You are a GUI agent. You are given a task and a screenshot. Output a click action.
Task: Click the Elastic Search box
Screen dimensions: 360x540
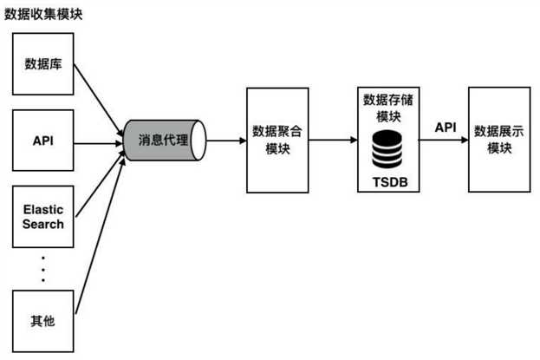click(42, 218)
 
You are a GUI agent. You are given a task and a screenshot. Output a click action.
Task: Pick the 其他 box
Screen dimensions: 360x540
click(42, 321)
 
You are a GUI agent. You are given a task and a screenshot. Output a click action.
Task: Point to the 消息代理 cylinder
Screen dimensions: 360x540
click(162, 139)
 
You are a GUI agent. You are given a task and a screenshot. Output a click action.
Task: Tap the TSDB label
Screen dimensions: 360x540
click(389, 181)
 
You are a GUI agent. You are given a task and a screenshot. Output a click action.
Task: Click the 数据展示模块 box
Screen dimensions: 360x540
click(499, 139)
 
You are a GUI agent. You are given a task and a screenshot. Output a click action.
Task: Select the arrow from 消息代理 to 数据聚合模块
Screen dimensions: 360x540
click(226, 139)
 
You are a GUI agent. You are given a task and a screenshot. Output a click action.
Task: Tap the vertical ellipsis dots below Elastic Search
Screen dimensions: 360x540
click(42, 270)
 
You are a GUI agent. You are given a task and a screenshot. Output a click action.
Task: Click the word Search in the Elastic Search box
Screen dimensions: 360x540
click(42, 225)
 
